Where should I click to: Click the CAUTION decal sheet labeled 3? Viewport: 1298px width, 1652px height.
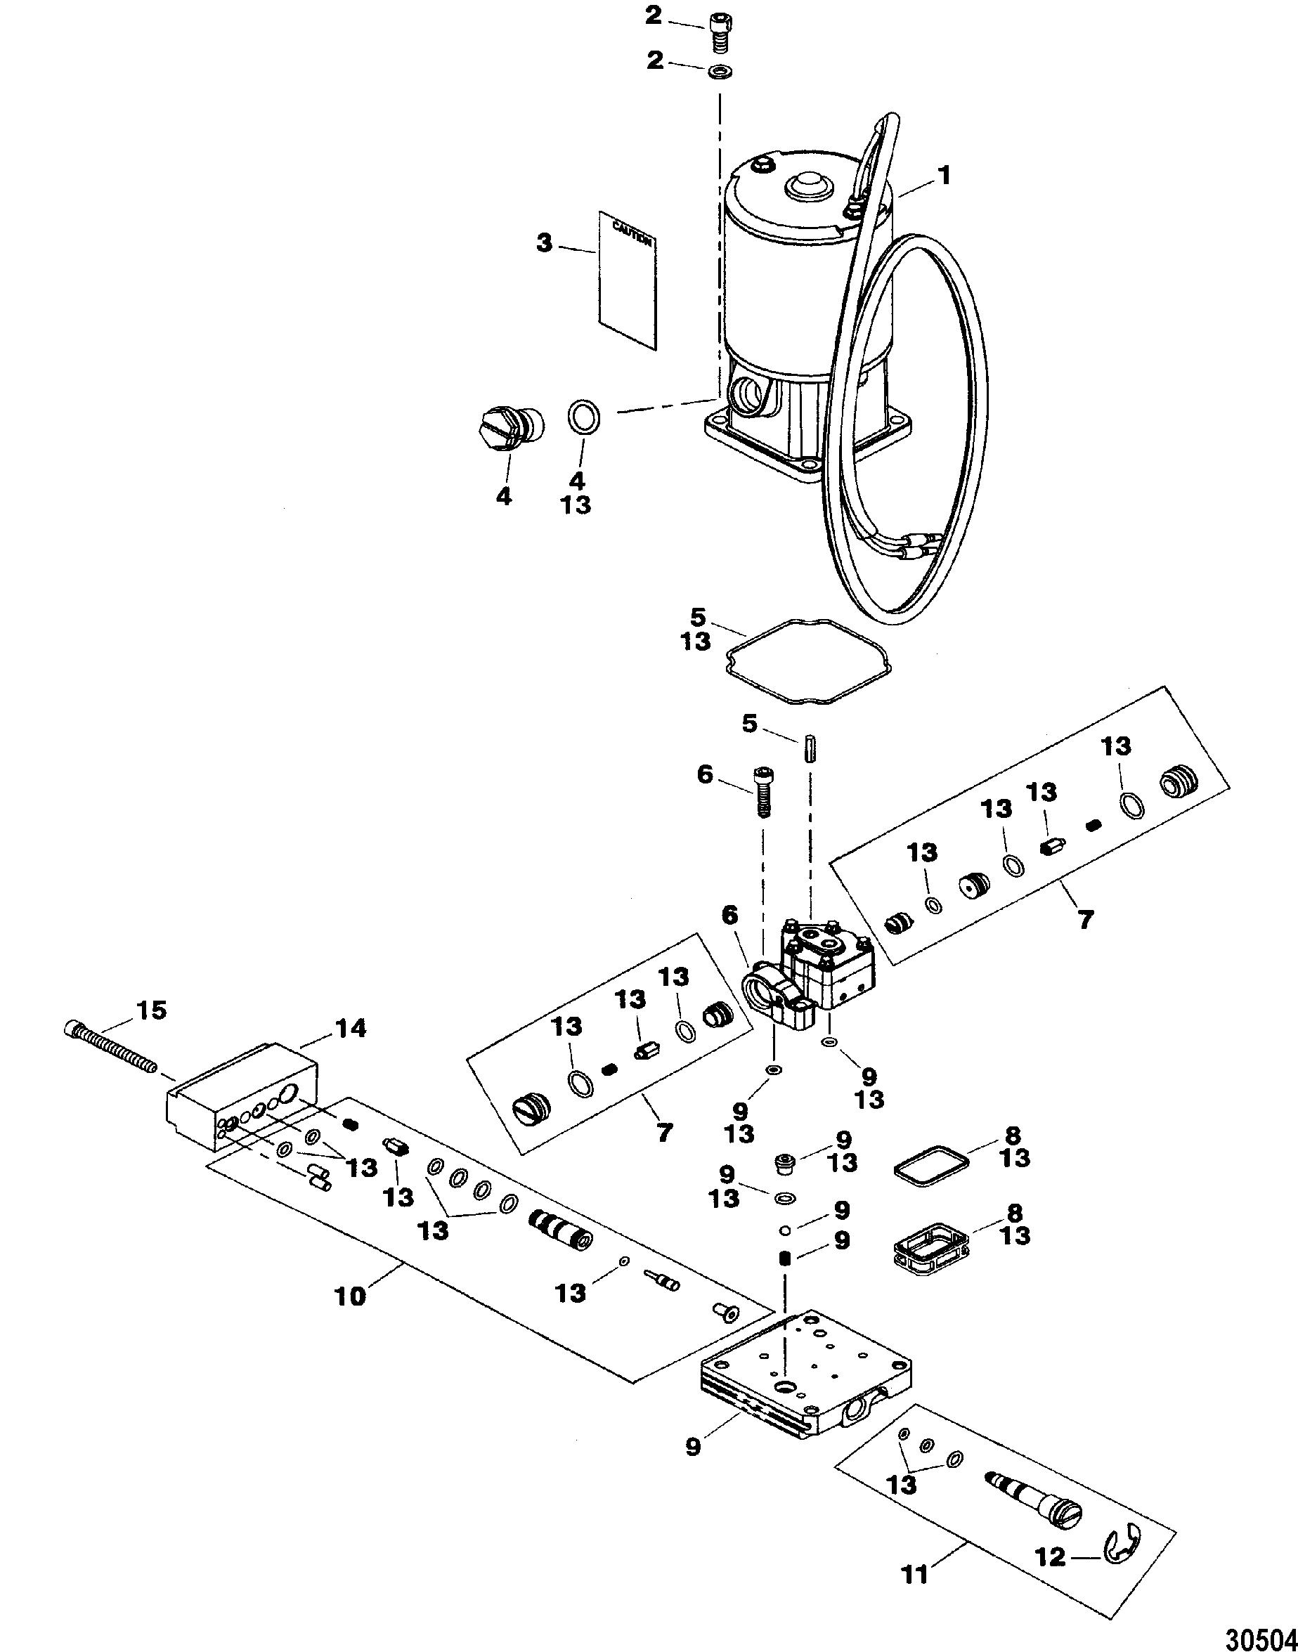[628, 281]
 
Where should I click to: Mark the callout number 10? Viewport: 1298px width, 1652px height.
[351, 1296]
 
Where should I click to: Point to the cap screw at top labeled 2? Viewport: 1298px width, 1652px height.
[718, 32]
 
